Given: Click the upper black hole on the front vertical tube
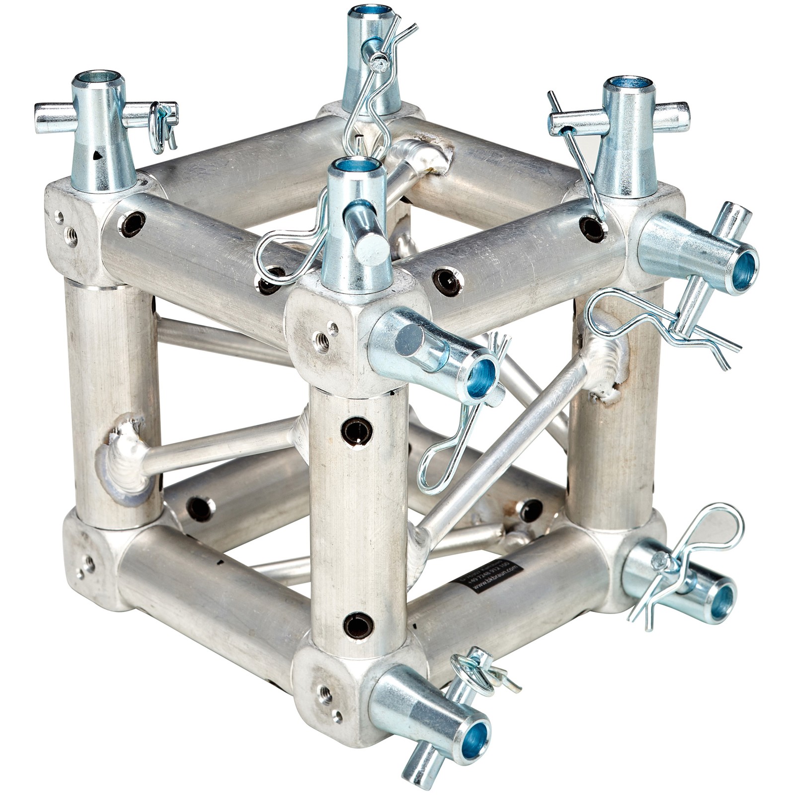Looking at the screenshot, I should pos(354,430).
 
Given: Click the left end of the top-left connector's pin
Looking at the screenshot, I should pos(42,118).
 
